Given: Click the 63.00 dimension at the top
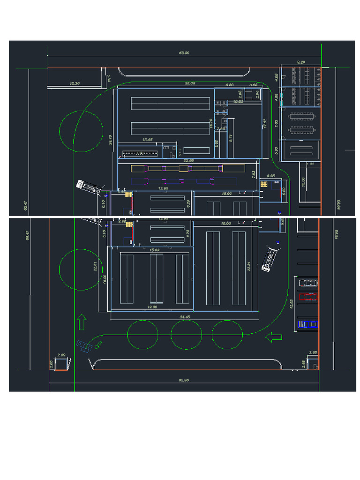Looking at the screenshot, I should pyautogui.click(x=184, y=53).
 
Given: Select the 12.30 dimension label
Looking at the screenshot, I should pyautogui.click(x=74, y=83).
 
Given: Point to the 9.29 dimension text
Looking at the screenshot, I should pyautogui.click(x=301, y=62).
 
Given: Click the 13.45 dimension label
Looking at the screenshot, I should pyautogui.click(x=147, y=139).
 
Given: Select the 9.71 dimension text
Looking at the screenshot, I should pyautogui.click(x=230, y=138).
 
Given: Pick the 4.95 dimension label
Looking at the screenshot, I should pyautogui.click(x=270, y=176).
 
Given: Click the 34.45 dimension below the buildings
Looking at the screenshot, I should pyautogui.click(x=185, y=317).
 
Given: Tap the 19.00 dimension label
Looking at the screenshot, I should pyautogui.click(x=152, y=307).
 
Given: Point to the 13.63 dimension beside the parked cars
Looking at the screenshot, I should pyautogui.click(x=291, y=304).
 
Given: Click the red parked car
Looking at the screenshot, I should pyautogui.click(x=308, y=296).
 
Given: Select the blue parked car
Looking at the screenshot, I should pyautogui.click(x=308, y=324).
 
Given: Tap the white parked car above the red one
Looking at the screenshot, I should pyautogui.click(x=308, y=283).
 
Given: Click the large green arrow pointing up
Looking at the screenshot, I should pyautogui.click(x=82, y=322).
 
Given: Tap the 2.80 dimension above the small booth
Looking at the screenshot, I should pyautogui.click(x=61, y=355).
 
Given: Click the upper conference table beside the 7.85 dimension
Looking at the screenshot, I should pyautogui.click(x=301, y=115).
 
